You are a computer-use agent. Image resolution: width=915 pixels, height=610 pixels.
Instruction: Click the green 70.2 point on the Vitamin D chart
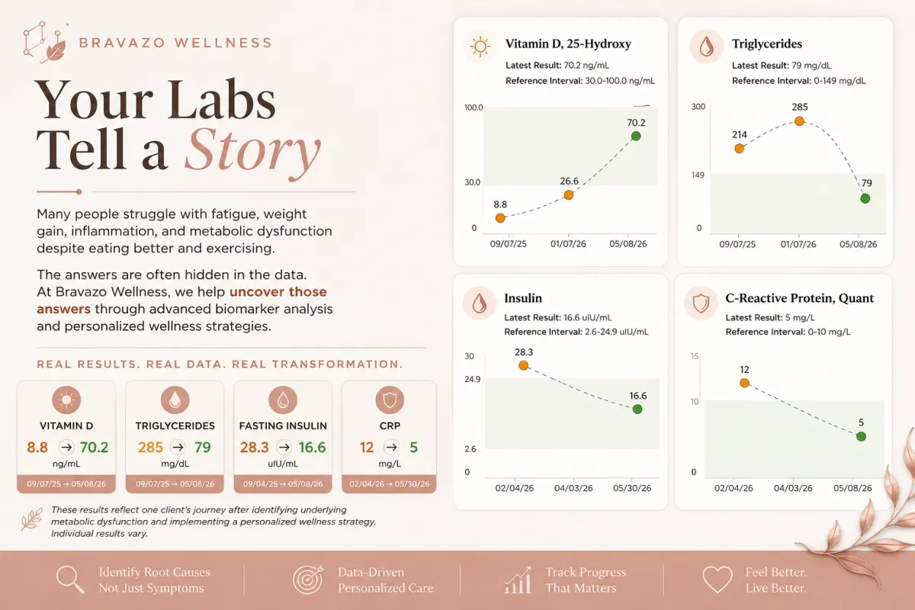tap(636, 136)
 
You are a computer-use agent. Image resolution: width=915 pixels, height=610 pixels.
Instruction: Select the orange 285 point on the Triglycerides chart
tap(799, 121)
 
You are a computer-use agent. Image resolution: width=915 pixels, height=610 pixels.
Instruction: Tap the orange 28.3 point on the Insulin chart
tap(523, 365)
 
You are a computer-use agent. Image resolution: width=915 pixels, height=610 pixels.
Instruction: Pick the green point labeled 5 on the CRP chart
tap(861, 436)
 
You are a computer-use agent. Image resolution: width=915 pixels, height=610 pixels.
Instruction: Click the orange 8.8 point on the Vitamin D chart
tap(500, 218)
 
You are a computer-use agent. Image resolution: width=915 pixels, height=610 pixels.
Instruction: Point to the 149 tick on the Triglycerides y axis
tap(698, 175)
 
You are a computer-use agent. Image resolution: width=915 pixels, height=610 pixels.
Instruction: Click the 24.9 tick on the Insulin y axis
tap(472, 379)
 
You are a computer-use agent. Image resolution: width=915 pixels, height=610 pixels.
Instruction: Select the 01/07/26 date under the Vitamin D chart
tap(568, 244)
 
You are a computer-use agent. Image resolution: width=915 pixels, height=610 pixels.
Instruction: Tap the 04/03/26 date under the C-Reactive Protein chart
tap(793, 488)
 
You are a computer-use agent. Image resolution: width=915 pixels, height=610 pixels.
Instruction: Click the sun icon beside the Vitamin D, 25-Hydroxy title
tap(480, 47)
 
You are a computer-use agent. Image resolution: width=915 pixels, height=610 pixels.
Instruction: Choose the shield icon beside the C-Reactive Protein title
tap(701, 303)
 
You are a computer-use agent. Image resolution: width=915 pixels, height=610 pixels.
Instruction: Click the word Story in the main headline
tap(253, 152)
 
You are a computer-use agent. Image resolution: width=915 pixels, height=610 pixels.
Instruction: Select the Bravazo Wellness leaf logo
tap(44, 43)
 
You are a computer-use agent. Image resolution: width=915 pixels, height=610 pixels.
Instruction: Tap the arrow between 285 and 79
tap(178, 448)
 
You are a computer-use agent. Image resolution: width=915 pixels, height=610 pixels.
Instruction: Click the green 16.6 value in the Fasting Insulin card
tap(312, 448)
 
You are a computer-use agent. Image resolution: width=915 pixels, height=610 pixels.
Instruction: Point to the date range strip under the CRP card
tap(389, 484)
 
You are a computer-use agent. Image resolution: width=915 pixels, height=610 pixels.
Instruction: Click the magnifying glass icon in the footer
tap(70, 579)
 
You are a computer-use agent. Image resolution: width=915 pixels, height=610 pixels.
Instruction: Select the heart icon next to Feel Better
tap(718, 579)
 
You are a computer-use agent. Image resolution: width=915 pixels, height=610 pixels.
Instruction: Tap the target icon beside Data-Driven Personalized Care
tap(308, 579)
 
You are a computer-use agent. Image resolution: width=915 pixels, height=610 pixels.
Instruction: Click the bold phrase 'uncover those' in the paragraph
tap(278, 292)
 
